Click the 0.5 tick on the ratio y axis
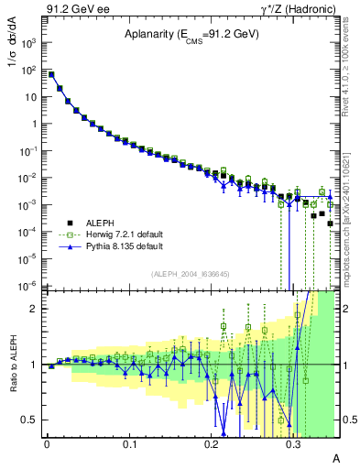pos(30,420)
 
